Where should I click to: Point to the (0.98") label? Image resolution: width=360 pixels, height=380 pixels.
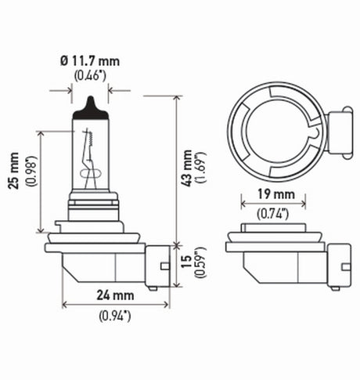(30, 182)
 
